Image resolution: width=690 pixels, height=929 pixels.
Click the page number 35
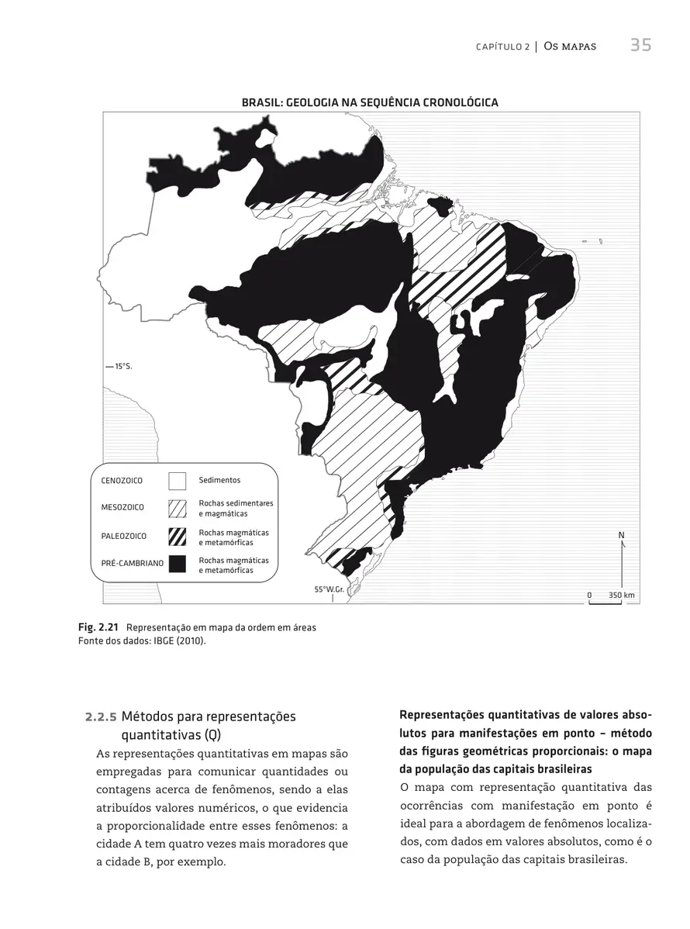pyautogui.click(x=640, y=46)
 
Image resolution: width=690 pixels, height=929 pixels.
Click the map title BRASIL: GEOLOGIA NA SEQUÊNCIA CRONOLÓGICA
pyautogui.click(x=369, y=102)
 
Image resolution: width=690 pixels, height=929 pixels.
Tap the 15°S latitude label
pyautogui.click(x=123, y=366)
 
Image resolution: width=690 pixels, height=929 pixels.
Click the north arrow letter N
pyautogui.click(x=622, y=536)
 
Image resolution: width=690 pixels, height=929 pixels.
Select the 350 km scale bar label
pyautogui.click(x=621, y=595)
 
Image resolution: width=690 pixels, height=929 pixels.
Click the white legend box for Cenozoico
pyautogui.click(x=178, y=481)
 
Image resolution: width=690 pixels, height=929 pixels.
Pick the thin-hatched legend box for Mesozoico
pyautogui.click(x=178, y=508)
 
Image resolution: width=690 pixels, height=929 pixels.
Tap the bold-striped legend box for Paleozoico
pyautogui.click(x=178, y=536)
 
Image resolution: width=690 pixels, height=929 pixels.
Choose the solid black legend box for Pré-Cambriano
pyautogui.click(x=178, y=564)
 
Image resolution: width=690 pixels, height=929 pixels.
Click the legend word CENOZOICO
pyautogui.click(x=122, y=481)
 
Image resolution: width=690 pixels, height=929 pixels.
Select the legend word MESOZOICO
pyautogui.click(x=122, y=508)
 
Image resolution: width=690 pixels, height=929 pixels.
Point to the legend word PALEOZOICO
pyautogui.click(x=124, y=536)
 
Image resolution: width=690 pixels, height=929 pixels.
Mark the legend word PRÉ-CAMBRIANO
pyautogui.click(x=132, y=564)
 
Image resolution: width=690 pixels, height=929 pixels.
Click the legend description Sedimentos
pyautogui.click(x=219, y=481)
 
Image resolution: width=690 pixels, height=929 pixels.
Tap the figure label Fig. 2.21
pyautogui.click(x=98, y=627)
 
